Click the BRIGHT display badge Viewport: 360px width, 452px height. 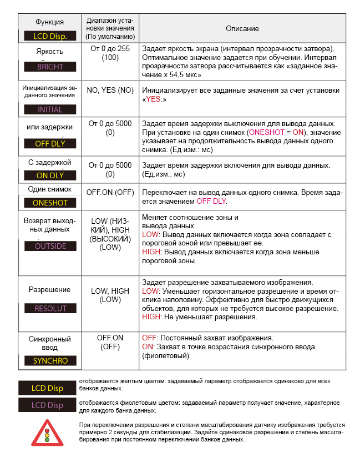point(50,67)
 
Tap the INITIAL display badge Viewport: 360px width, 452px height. point(50,109)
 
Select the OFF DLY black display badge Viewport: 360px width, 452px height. point(50,143)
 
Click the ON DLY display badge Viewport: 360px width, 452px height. point(50,175)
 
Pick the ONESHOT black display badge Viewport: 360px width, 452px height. point(50,203)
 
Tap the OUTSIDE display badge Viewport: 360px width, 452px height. point(50,246)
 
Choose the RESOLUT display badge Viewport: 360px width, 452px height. point(50,308)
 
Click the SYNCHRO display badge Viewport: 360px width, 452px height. point(50,360)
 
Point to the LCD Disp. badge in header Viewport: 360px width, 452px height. point(50,37)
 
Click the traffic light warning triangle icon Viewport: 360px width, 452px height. point(47,432)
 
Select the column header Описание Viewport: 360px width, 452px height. point(242,28)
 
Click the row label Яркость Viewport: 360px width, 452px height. point(50,52)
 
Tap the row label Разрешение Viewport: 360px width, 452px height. point(50,289)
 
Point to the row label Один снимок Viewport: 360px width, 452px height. point(50,189)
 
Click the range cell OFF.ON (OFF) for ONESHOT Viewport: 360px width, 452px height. point(110,192)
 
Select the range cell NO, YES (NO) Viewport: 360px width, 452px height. point(110,90)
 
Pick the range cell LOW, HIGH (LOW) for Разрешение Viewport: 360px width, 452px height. point(110,295)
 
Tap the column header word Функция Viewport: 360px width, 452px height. point(50,22)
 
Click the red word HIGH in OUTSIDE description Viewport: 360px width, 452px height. point(151,252)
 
